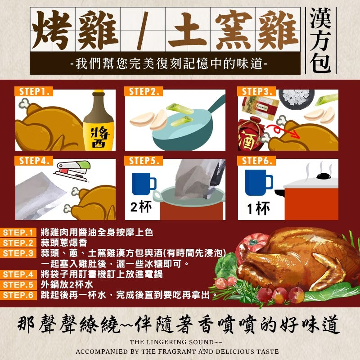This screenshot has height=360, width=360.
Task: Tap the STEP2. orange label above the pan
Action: (x=143, y=91)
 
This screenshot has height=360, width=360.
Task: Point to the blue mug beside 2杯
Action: (x=144, y=184)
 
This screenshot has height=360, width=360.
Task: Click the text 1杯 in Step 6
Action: (x=258, y=208)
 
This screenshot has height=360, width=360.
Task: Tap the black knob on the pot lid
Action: (x=324, y=176)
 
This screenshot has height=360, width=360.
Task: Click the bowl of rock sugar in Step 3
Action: (x=297, y=97)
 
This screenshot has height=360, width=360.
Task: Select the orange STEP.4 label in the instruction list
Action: (x=18, y=274)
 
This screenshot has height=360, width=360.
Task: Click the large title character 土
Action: (x=188, y=29)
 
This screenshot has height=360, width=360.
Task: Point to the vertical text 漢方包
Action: (x=321, y=40)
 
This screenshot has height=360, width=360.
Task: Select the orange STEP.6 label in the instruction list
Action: (x=18, y=295)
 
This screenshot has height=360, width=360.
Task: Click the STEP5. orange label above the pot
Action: (x=143, y=161)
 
